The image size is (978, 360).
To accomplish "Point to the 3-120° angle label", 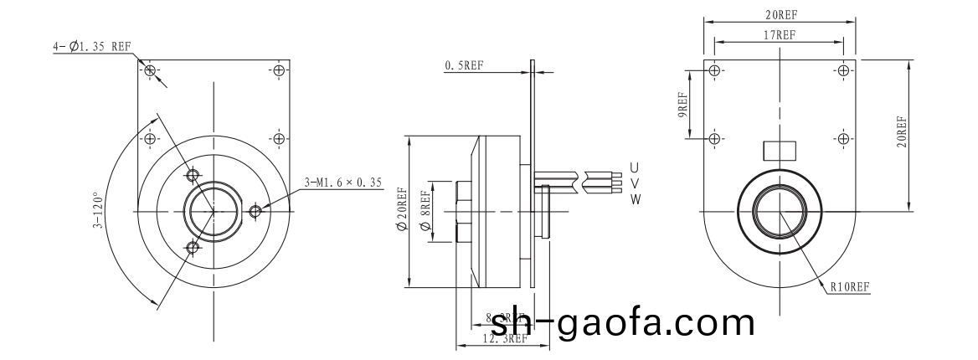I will tap(99, 210).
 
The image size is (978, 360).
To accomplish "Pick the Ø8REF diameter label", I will tap(425, 211).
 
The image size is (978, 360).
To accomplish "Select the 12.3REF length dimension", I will tap(506, 339).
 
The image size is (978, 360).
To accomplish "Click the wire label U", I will tap(635, 166).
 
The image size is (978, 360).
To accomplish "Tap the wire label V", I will tap(635, 183).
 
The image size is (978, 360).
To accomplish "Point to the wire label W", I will tap(635, 199).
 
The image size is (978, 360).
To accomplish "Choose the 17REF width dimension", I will tap(780, 34).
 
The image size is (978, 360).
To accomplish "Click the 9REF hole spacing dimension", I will tap(682, 104).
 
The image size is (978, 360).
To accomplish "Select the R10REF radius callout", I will tap(850, 286).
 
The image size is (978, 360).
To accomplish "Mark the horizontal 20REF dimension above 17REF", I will tap(780, 15).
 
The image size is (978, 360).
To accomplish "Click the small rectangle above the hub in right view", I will tap(780, 150).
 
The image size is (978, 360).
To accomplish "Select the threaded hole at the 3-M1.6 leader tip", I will tap(255, 211).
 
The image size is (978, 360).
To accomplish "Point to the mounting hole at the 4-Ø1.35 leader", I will tap(150, 70).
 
